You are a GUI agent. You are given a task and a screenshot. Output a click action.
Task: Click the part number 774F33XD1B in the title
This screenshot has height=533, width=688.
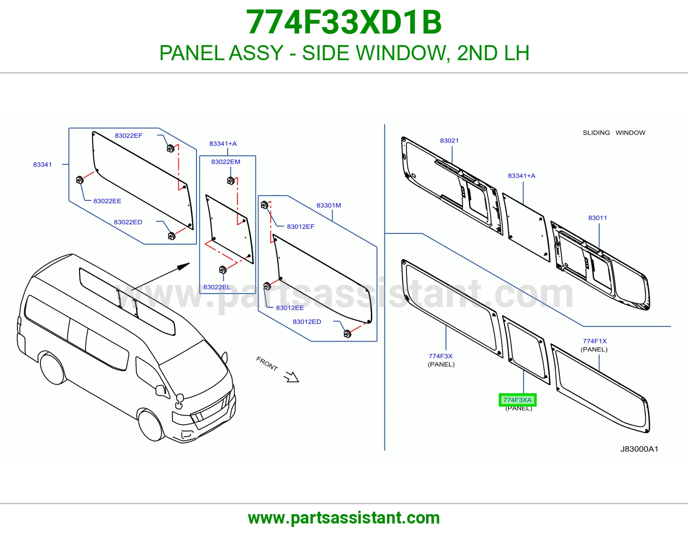pos(344,22)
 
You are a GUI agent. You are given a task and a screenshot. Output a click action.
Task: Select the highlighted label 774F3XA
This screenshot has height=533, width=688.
pos(517,400)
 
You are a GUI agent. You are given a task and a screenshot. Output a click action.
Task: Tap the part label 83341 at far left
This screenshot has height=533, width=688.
pos(43,165)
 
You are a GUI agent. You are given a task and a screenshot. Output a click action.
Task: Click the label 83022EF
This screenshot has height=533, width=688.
pos(129,135)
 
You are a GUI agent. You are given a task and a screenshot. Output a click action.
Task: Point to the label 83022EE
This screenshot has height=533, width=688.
pos(107,201)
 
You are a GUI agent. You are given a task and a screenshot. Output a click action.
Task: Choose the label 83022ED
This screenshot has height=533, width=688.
pos(128,222)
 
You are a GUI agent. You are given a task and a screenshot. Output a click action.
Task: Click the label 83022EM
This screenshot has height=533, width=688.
pos(226,162)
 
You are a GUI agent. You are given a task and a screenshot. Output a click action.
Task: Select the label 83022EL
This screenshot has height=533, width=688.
pos(217,287)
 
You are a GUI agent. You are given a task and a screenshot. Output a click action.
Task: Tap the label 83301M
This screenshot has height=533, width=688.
pos(329,205)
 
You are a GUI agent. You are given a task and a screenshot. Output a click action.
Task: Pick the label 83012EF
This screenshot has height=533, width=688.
pos(301,227)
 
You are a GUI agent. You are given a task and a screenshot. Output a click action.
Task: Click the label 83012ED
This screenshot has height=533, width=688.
pos(307,322)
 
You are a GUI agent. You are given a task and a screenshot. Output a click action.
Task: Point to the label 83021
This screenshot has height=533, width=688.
pos(449,141)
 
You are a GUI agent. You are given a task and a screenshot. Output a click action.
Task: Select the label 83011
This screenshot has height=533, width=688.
pos(597,218)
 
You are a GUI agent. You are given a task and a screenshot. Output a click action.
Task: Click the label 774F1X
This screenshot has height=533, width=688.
pos(595,341)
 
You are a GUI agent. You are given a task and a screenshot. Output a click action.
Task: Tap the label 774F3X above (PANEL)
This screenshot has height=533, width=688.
pos(440,356)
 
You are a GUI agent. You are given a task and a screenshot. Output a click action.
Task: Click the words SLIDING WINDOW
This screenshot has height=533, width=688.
pos(614,133)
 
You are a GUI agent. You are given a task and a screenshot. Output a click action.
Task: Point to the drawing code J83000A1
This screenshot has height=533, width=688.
pos(639,449)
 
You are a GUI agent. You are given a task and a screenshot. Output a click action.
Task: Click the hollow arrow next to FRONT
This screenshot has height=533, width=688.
pos(292,377)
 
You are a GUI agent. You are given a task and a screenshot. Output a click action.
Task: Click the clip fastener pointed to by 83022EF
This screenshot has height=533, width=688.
pos(171,148)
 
